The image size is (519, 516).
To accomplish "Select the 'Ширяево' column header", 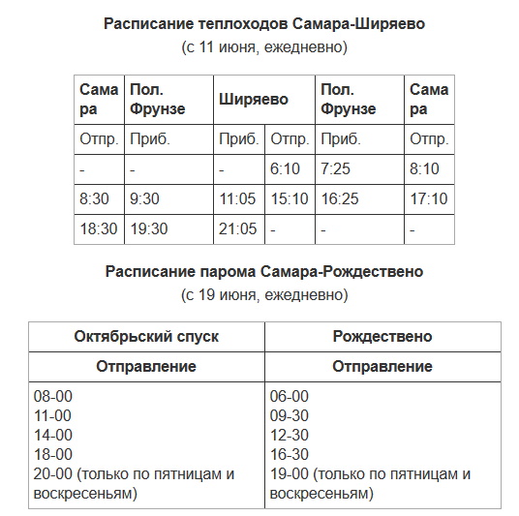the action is click(255, 99).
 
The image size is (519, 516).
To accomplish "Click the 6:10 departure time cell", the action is click(286, 169).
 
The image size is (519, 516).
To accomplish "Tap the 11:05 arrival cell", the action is click(237, 199).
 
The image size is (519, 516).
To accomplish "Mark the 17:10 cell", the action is click(428, 199).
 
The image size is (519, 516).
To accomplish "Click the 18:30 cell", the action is click(99, 229).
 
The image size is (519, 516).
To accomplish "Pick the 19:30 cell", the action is click(149, 229).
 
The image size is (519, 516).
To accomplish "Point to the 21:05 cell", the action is click(237, 229).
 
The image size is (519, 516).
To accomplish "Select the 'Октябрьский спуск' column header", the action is click(146, 337).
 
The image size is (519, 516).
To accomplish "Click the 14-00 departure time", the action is click(53, 435).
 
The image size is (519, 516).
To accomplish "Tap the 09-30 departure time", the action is click(290, 415).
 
